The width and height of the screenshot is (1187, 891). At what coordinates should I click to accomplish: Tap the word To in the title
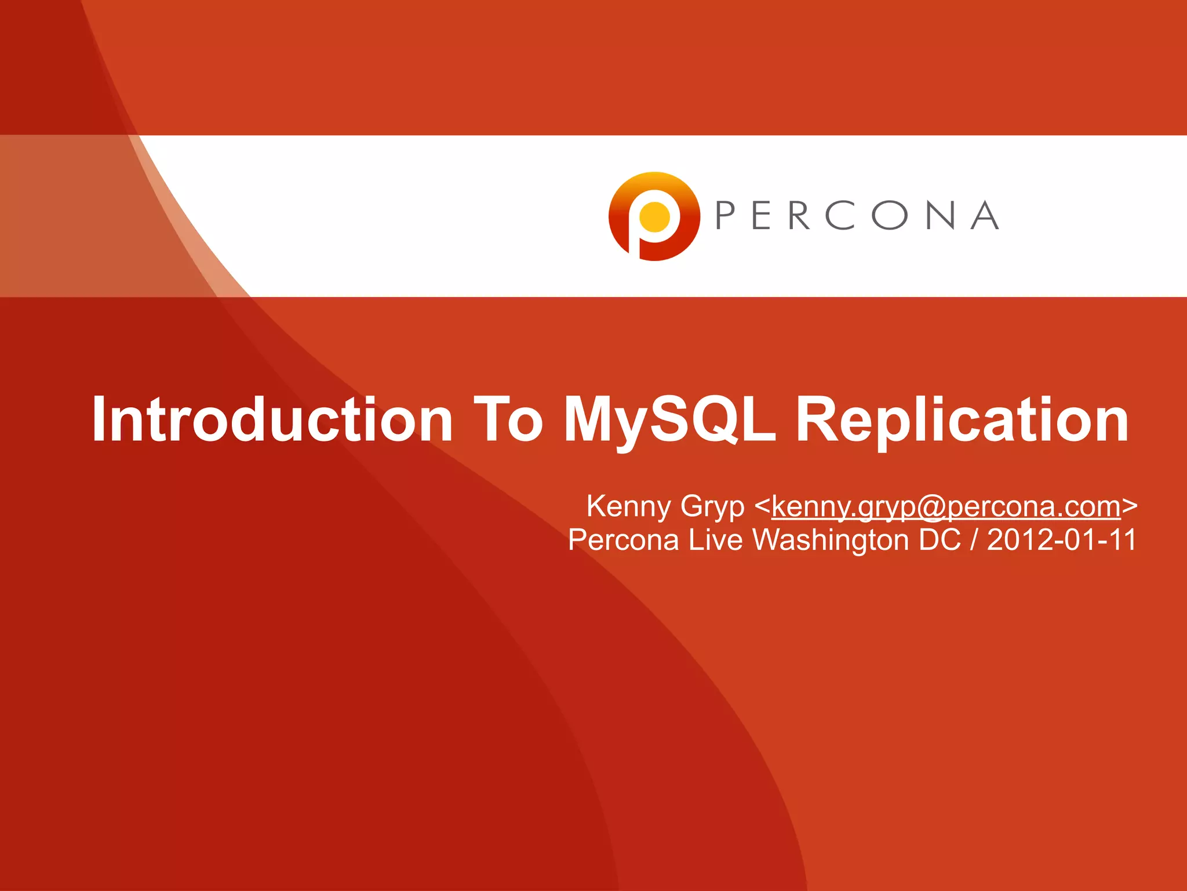pos(508,419)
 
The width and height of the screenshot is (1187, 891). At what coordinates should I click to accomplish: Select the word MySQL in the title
pos(669,420)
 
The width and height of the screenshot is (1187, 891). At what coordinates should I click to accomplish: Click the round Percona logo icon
pos(654,216)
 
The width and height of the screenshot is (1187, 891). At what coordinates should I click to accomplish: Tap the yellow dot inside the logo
pos(654,217)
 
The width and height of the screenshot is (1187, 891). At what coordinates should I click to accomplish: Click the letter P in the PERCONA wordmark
pos(726,216)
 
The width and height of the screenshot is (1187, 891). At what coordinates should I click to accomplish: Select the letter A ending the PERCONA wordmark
pos(985,216)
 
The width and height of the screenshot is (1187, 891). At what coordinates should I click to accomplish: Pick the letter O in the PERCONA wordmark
pos(889,216)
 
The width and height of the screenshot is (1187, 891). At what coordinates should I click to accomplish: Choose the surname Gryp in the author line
pos(712,507)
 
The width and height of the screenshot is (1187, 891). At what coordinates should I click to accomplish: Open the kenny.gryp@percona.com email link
pos(946,507)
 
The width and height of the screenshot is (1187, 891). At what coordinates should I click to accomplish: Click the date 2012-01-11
pos(1061,540)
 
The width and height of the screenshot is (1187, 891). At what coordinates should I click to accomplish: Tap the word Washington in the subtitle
pos(831,541)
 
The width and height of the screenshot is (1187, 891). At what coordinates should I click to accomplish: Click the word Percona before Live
pos(623,540)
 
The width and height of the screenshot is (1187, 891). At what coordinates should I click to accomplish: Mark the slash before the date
pos(974,540)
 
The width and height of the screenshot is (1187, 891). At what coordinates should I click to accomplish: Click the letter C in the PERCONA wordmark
pos(839,216)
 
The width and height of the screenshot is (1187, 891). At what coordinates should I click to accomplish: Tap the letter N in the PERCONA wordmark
pos(940,216)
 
